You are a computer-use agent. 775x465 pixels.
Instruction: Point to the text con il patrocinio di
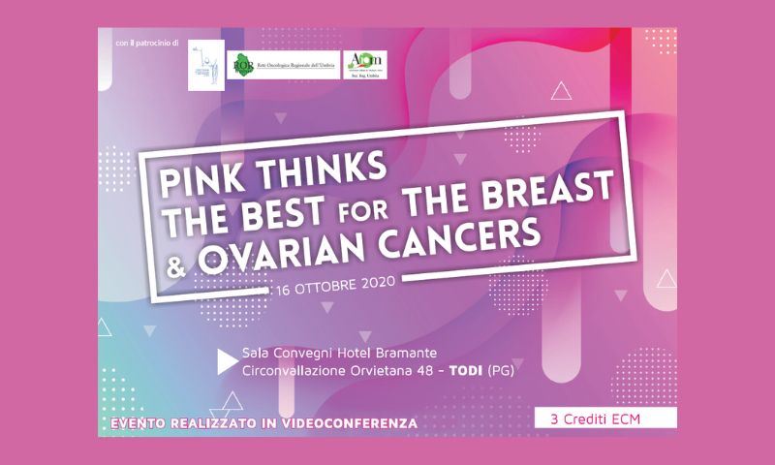pos(146,46)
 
